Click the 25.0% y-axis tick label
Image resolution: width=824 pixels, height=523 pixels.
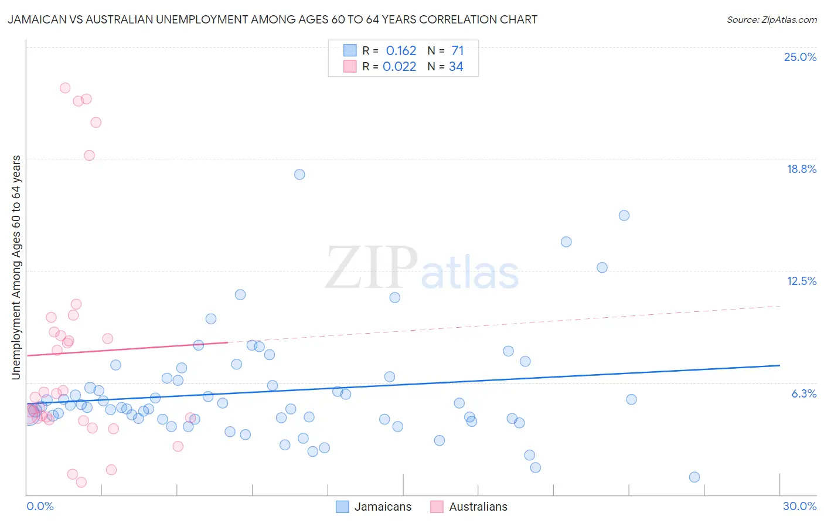[x=800, y=57]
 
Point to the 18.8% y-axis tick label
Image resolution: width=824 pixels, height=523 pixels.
[x=801, y=169]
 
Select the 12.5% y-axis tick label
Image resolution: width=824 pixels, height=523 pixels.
[x=801, y=281]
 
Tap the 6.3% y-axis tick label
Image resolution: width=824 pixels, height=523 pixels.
[x=803, y=393]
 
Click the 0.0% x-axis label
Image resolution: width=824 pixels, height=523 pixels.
[x=40, y=506]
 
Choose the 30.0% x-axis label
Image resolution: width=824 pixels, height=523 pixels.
[x=799, y=506]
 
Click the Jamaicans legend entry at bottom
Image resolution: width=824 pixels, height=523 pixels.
[x=383, y=507]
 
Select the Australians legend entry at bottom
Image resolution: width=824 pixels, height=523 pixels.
[x=478, y=507]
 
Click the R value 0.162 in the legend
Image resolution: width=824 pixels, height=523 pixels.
[x=401, y=51]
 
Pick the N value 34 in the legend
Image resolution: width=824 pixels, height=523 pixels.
[x=456, y=67]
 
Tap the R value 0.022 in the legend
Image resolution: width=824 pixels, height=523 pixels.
[x=399, y=67]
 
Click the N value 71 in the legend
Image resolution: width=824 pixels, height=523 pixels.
[x=458, y=51]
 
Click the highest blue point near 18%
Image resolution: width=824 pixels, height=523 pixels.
[x=299, y=174]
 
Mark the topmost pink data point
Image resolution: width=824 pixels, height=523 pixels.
[x=65, y=88]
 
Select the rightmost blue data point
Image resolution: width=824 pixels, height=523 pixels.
[x=694, y=477]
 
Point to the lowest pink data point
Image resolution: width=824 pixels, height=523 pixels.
[x=81, y=482]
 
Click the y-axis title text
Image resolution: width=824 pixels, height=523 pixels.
[x=16, y=267]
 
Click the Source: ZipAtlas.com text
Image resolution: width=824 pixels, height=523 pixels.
[x=771, y=20]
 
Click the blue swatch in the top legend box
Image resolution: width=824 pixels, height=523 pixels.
[x=350, y=50]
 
